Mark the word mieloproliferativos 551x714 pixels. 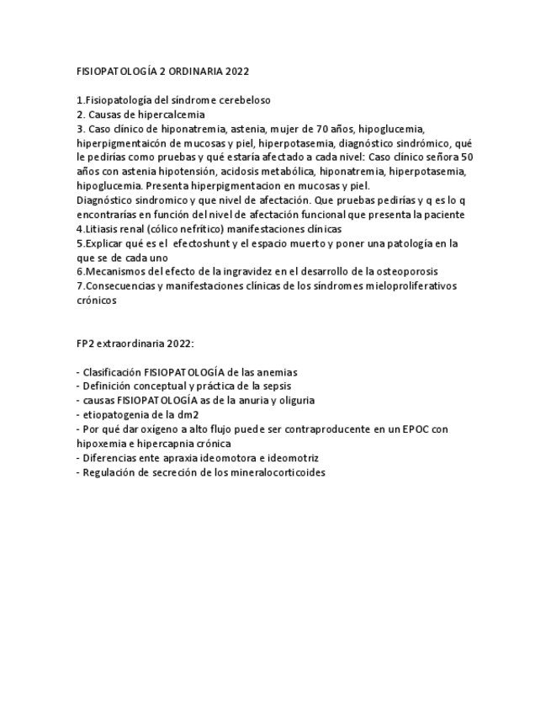409,285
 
